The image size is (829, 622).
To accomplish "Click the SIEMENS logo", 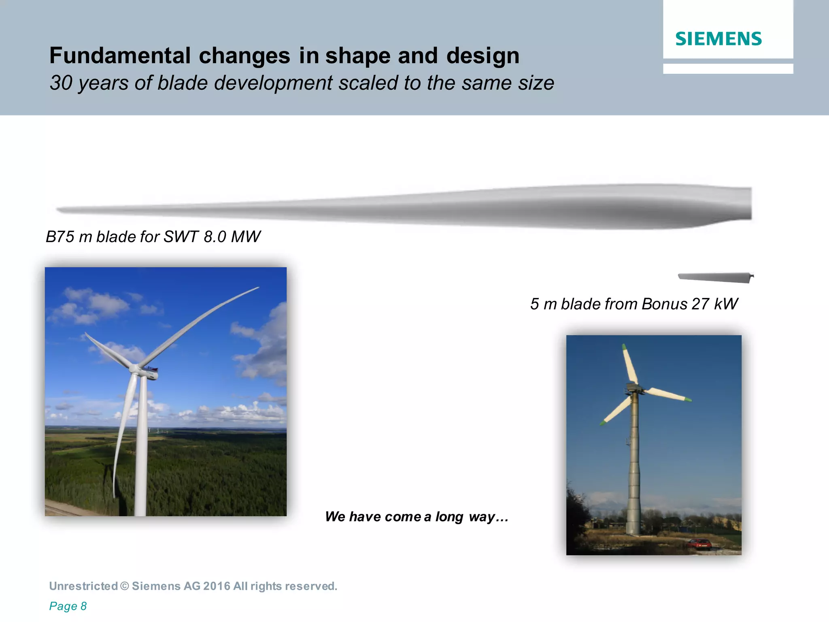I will pyautogui.click(x=718, y=39).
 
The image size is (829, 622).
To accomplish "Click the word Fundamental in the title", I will pyautogui.click(x=119, y=55).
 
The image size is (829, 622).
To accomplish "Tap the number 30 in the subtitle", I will pyautogui.click(x=61, y=83).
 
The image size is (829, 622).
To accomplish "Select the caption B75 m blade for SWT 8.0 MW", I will pyautogui.click(x=153, y=237).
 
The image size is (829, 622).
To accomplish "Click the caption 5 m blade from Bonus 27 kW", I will pyautogui.click(x=634, y=304).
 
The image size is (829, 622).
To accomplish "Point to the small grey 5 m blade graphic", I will pyautogui.click(x=715, y=277).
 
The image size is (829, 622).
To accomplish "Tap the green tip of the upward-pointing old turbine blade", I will pyautogui.click(x=624, y=347).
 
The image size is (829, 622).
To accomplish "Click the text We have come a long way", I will pyautogui.click(x=416, y=517).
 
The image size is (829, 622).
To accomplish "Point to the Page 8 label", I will pyautogui.click(x=68, y=606).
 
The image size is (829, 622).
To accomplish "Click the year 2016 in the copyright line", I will pyautogui.click(x=216, y=586).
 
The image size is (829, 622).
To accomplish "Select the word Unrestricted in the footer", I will pyautogui.click(x=83, y=586).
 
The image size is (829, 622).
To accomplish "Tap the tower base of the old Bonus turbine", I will pyautogui.click(x=633, y=528).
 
